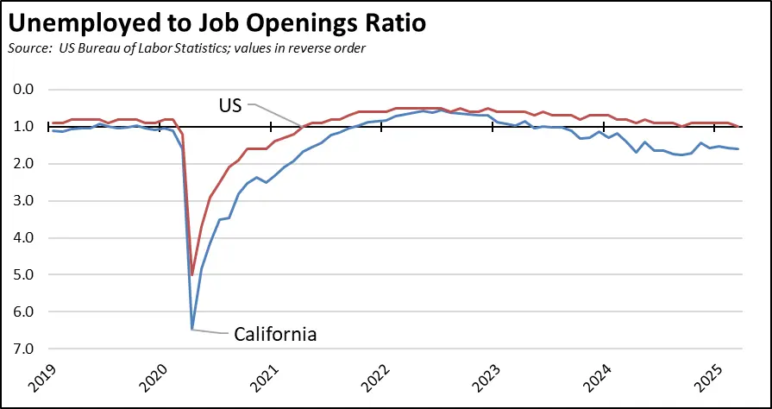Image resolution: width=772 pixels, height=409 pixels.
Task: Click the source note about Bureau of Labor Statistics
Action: pyautogui.click(x=185, y=47)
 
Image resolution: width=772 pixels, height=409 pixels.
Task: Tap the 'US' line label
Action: pyautogui.click(x=231, y=105)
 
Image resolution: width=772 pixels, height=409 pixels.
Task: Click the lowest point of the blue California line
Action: pyautogui.click(x=191, y=329)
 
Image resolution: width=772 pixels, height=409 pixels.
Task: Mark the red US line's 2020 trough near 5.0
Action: pyautogui.click(x=191, y=274)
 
